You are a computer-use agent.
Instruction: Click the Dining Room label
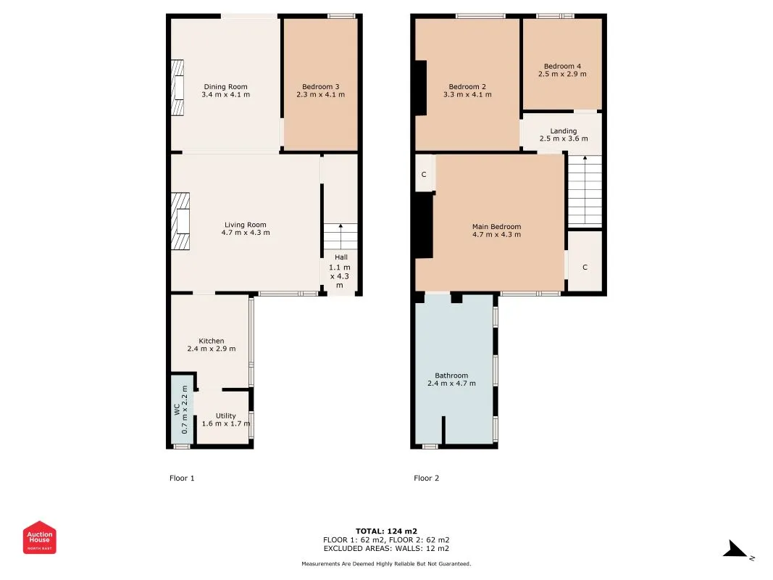(226, 87)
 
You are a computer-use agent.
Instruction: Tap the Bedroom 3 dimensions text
(320, 95)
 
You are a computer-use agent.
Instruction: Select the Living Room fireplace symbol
(180, 221)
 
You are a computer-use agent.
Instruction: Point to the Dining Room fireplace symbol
(177, 88)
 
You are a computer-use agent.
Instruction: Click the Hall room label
(341, 257)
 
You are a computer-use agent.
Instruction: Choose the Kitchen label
(212, 341)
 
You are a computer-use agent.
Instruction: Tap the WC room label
(177, 410)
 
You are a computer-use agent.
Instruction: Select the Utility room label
(226, 415)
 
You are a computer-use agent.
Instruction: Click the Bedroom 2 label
(467, 87)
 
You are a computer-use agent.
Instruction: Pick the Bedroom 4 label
(562, 66)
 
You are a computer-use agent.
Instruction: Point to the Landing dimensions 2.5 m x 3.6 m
(564, 138)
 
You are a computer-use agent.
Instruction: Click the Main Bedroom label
(496, 227)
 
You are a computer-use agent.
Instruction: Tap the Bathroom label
(451, 376)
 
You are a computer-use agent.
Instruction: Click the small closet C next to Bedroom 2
(425, 173)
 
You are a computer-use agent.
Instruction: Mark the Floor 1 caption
(182, 478)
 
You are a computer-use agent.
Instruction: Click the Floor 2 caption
(427, 478)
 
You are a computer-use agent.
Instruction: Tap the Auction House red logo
(39, 537)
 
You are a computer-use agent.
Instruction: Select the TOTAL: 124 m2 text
(387, 531)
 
